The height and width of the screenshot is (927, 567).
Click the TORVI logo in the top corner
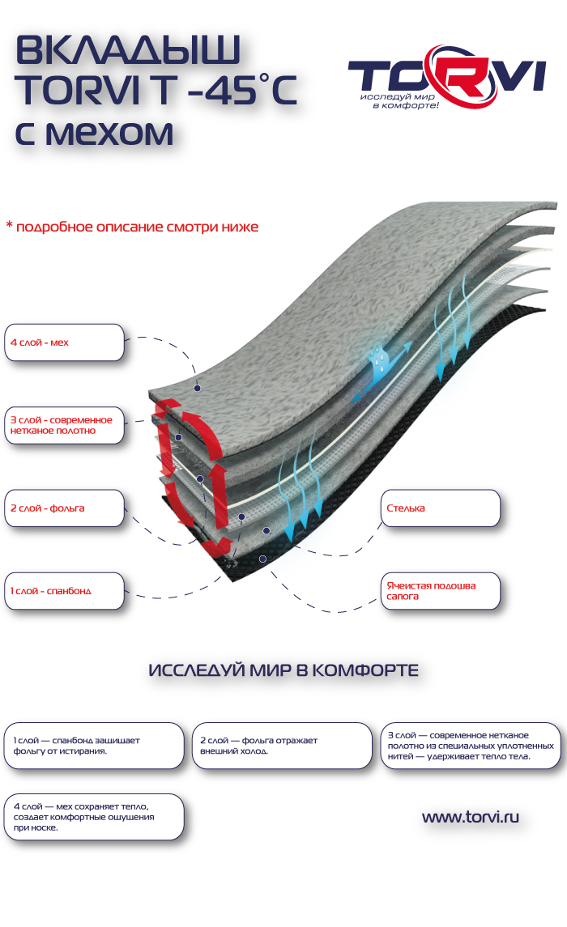tap(446, 79)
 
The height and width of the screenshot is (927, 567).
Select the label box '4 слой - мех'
tap(65, 342)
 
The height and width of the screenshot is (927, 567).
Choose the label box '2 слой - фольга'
tap(65, 508)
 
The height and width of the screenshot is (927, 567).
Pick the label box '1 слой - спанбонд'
tap(65, 591)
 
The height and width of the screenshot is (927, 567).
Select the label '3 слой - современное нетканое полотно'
tap(65, 425)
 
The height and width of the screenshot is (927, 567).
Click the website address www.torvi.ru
tap(470, 817)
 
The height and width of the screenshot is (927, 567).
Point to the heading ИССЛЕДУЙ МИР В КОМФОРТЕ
tap(283, 671)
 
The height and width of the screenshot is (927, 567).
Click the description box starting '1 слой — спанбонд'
tap(94, 746)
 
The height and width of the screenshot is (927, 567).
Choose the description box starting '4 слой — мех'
tap(94, 817)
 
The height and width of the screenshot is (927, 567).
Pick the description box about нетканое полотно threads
tap(471, 746)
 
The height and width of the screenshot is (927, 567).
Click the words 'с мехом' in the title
tap(94, 133)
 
